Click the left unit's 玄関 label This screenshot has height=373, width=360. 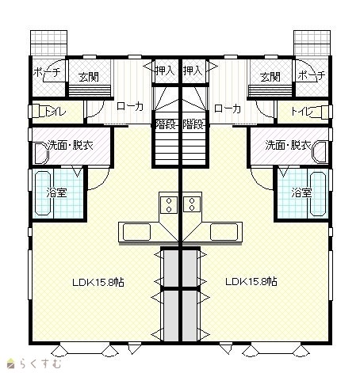[x=89, y=77]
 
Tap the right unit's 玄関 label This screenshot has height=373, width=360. [x=270, y=77]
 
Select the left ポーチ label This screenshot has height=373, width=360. [x=47, y=72]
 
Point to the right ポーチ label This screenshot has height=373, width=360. [x=312, y=76]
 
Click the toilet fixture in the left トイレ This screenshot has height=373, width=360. [x=37, y=111]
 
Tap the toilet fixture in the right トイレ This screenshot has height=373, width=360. [x=324, y=112]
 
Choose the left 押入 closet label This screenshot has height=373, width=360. [x=165, y=70]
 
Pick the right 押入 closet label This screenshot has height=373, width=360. [x=193, y=70]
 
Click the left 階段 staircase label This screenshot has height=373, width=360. [x=166, y=124]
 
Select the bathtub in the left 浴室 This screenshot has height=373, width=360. [x=43, y=193]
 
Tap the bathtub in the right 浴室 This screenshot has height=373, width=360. [x=318, y=194]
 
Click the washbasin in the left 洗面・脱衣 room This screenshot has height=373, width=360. [x=41, y=153]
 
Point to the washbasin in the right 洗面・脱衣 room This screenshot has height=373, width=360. [x=320, y=152]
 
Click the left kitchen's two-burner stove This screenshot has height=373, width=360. [x=169, y=204]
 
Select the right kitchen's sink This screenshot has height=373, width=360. [x=224, y=232]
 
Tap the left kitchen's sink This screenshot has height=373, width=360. [x=136, y=232]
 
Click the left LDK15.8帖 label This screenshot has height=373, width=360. [x=98, y=282]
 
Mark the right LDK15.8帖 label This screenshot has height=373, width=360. [x=251, y=281]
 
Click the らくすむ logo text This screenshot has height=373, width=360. [x=40, y=363]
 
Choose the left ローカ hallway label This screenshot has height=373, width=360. [x=130, y=106]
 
